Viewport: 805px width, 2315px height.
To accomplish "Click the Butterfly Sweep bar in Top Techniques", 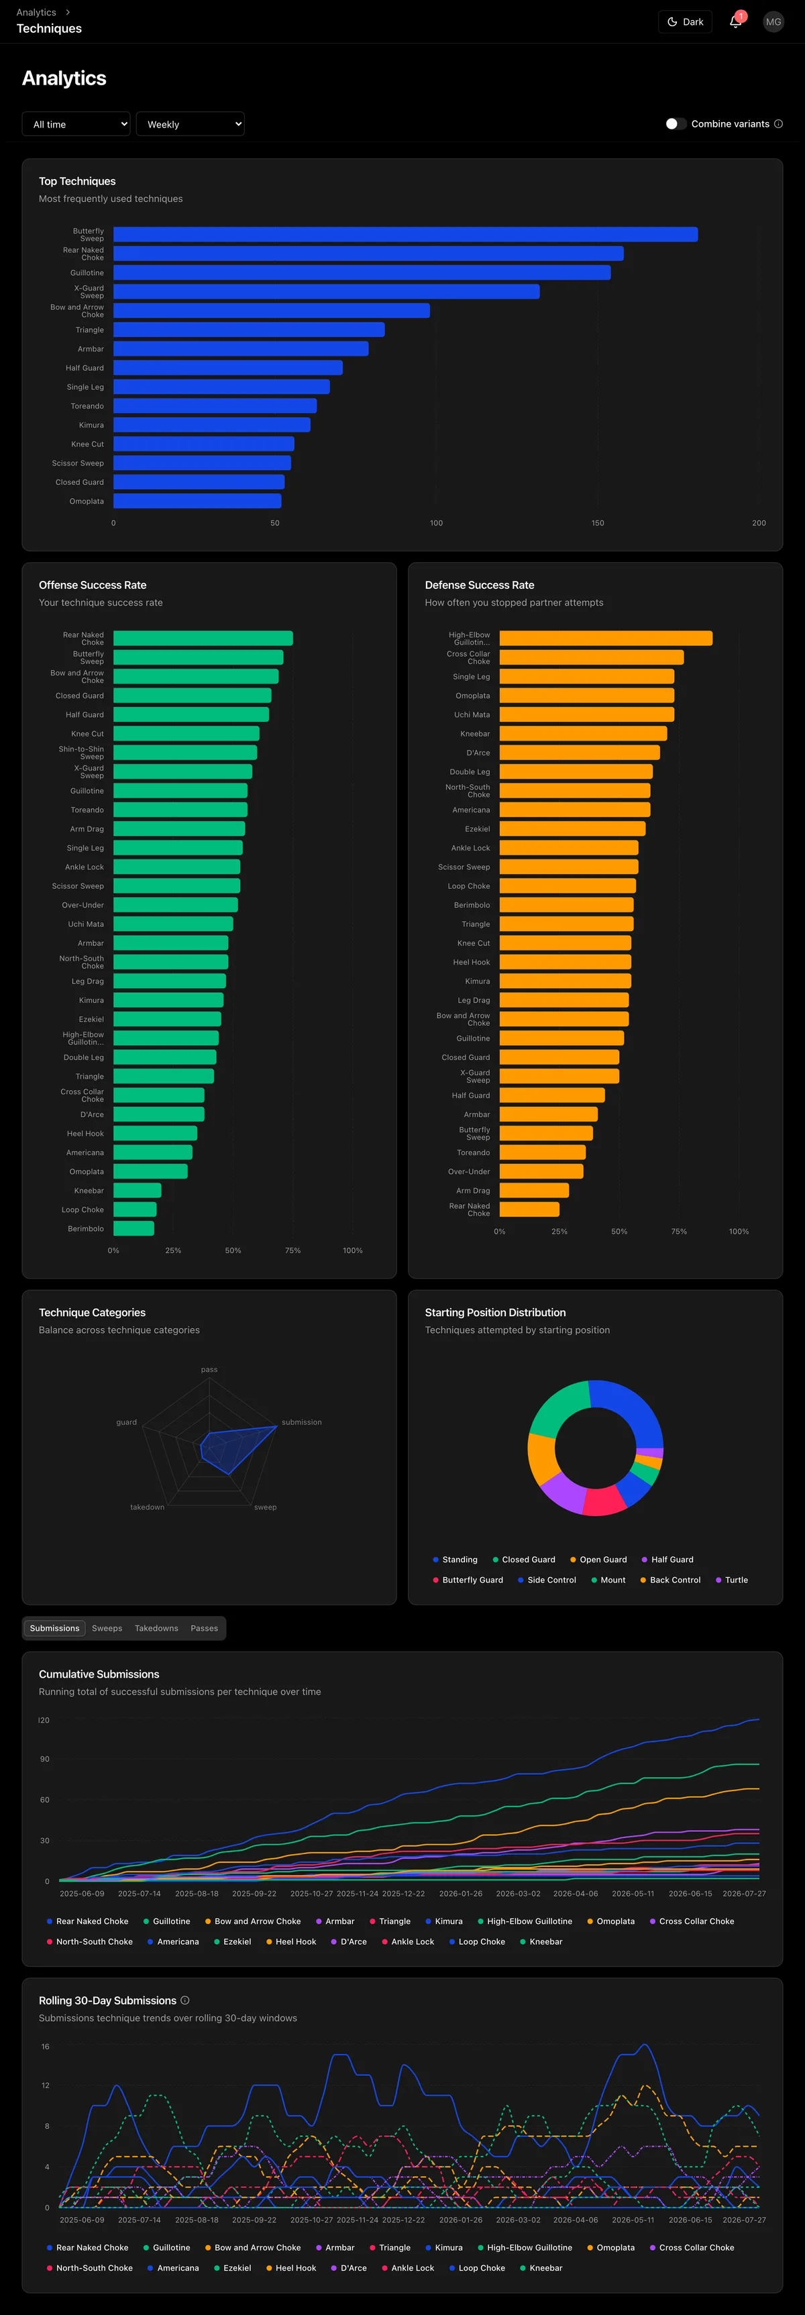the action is click(405, 235).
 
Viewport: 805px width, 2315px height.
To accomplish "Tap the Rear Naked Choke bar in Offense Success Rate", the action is click(203, 638).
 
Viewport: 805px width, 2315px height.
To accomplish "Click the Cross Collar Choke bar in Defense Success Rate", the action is click(591, 657).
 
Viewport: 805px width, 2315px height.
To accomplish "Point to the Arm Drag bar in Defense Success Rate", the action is click(534, 1190).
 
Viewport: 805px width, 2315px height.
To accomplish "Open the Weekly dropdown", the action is click(191, 124).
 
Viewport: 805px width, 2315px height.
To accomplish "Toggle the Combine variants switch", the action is click(676, 124).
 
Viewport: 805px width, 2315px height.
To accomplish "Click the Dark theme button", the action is click(686, 21).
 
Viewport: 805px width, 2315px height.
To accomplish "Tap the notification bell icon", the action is click(736, 21).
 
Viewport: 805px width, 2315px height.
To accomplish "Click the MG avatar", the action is click(773, 21).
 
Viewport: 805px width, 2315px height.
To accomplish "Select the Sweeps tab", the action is click(107, 1628).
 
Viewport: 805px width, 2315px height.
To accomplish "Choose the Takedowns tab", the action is click(156, 1628).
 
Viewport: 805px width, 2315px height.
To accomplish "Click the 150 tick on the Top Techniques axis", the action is click(598, 523).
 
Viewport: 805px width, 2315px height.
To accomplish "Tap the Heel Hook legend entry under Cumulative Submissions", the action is click(291, 1941).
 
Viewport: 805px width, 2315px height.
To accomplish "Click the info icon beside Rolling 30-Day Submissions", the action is click(185, 2000).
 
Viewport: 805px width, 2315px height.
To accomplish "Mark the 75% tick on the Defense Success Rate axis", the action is click(679, 1231).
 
